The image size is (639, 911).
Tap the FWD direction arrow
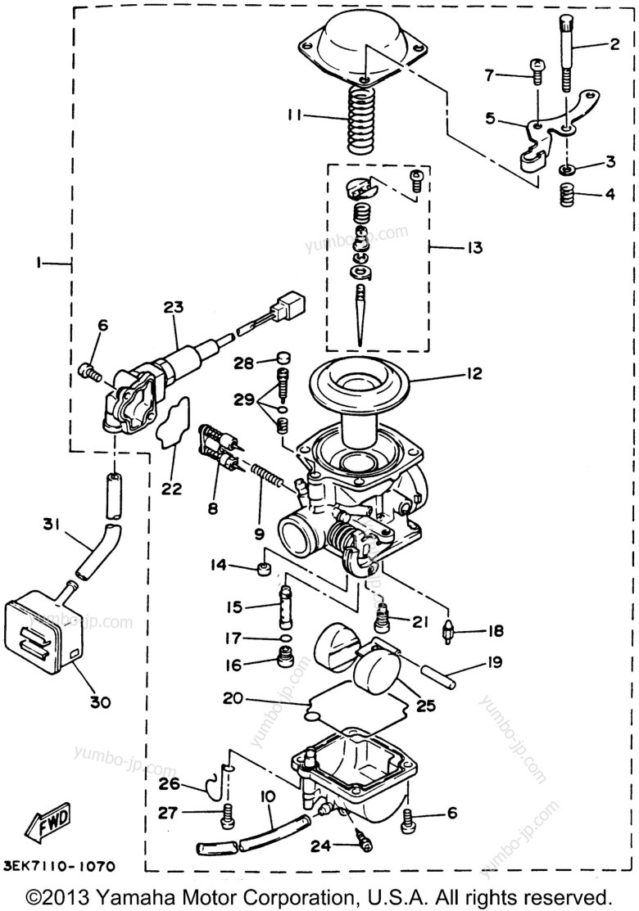[48, 821]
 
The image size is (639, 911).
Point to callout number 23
[173, 308]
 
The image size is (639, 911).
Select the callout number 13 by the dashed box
[474, 246]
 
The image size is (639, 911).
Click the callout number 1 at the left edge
[38, 263]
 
